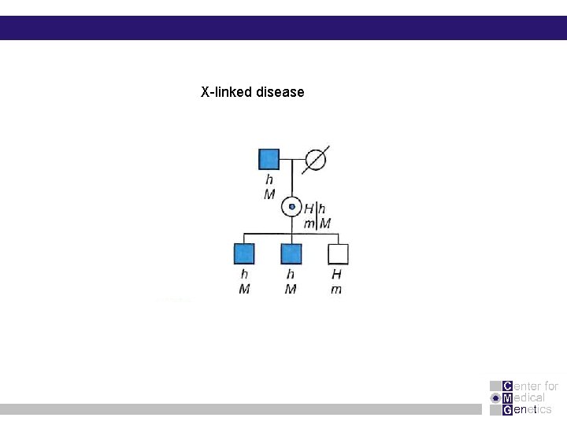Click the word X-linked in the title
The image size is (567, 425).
click(x=226, y=92)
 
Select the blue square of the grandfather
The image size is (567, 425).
click(x=269, y=159)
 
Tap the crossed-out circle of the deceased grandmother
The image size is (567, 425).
click(x=315, y=159)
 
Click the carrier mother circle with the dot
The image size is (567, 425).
click(x=292, y=207)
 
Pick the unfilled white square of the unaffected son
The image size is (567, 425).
click(x=338, y=253)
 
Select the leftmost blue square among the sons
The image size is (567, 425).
click(x=244, y=253)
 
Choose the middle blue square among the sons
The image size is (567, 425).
click(x=291, y=253)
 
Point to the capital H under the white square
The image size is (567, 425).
click(x=336, y=275)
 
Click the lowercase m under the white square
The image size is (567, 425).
click(x=336, y=290)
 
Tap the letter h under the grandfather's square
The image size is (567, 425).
click(x=269, y=180)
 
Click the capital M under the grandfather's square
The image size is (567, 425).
click(x=269, y=194)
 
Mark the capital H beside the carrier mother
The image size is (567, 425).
click(x=309, y=209)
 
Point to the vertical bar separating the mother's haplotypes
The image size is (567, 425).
click(x=317, y=216)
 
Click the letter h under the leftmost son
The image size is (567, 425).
click(x=244, y=275)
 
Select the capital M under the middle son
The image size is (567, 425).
click(x=291, y=290)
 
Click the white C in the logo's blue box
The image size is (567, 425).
click(x=507, y=386)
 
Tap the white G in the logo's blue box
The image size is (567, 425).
click(x=507, y=409)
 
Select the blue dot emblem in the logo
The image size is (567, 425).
click(x=495, y=397)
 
